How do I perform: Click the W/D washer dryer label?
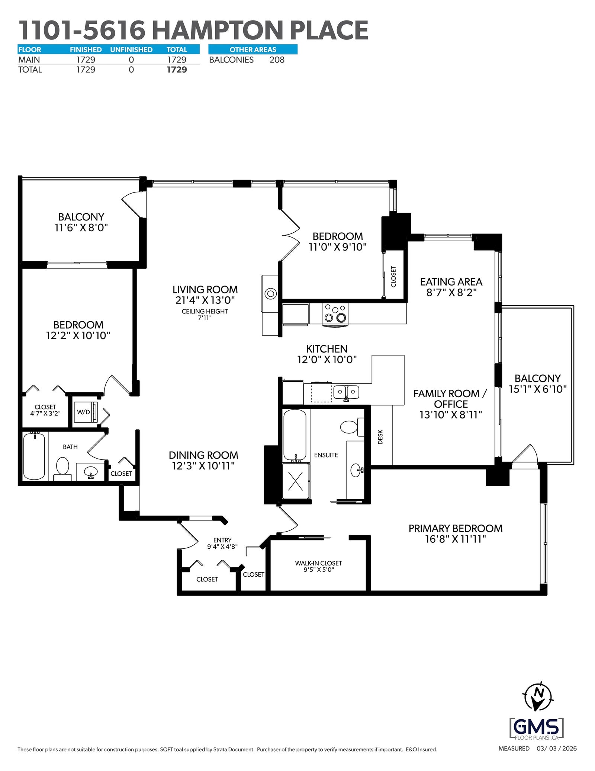[83, 412]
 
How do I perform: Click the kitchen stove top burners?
[335, 313]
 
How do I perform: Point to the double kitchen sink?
[346, 392]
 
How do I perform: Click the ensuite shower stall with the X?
[296, 481]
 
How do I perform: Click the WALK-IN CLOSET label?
[318, 563]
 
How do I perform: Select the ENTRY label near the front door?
[222, 540]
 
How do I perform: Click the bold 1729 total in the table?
[177, 70]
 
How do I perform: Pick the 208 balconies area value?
[277, 60]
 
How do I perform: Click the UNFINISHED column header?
[131, 50]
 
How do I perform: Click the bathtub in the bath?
[34, 456]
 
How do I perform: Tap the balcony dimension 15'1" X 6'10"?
[538, 389]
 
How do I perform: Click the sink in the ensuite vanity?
[356, 470]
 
